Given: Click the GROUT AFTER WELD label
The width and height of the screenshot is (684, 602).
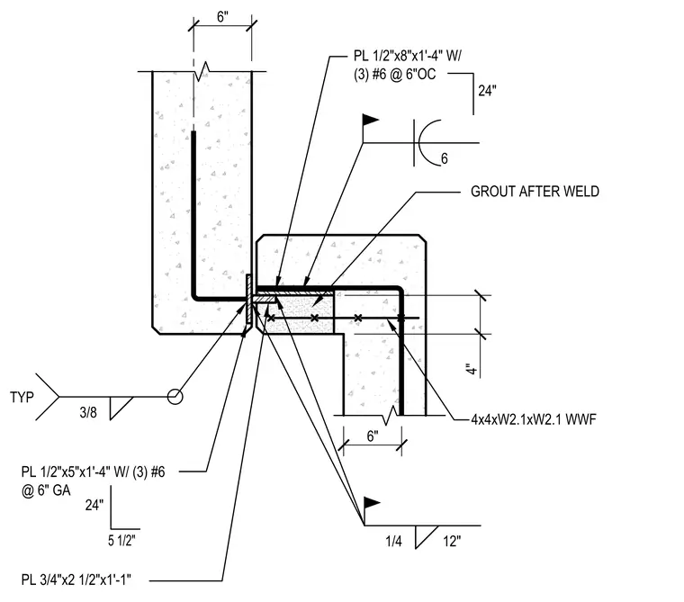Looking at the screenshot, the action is (x=535, y=192).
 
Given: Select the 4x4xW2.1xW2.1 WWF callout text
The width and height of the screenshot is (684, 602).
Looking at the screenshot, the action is (x=534, y=419).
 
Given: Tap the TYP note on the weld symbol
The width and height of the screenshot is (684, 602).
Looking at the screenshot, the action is (x=22, y=398).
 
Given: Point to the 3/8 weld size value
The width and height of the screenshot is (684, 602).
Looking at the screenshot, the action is (x=88, y=412).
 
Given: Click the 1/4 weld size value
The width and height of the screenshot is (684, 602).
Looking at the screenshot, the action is (x=393, y=542).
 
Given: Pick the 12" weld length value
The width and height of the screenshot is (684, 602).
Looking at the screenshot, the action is (x=452, y=542).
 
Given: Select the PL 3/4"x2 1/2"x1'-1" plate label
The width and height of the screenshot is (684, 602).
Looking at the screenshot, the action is (x=76, y=580).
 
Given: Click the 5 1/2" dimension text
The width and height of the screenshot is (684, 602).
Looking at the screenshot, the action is (x=121, y=541).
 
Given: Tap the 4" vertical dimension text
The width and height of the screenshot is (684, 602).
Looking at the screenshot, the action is (x=472, y=369).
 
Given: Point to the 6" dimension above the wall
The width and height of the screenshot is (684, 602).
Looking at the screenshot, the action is (x=222, y=17).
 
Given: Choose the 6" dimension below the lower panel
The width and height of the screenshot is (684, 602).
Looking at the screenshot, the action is (x=373, y=436).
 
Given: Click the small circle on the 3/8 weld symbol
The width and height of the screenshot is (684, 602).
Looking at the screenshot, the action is (x=175, y=397).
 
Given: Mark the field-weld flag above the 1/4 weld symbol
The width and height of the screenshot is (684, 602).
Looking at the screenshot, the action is (x=371, y=503).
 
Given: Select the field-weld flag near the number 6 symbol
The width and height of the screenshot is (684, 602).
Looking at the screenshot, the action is (x=371, y=120).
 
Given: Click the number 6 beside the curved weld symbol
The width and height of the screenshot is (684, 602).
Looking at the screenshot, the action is (x=444, y=158).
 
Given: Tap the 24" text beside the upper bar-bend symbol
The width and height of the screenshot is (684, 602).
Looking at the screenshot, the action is (x=487, y=91).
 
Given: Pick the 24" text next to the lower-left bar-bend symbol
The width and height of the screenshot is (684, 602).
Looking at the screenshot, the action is (x=94, y=505).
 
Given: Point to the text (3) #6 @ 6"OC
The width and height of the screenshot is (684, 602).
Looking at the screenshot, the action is (x=395, y=75).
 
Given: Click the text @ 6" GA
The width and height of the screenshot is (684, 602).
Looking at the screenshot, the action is (x=46, y=490).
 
